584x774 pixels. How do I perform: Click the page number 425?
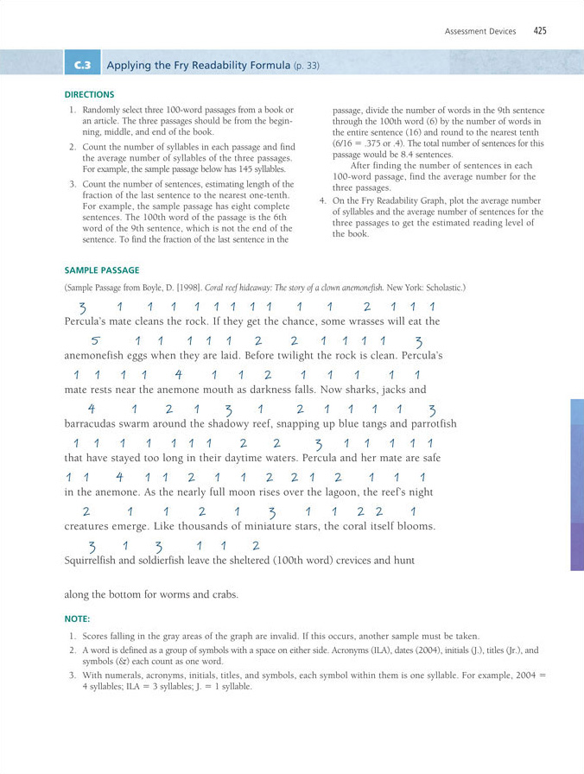pos(540,31)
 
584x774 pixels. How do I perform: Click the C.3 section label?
pos(84,65)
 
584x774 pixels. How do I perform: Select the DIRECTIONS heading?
pos(90,94)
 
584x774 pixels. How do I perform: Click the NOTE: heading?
pos(77,619)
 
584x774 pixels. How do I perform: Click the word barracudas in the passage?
pos(92,424)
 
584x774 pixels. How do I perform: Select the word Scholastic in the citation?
pos(445,287)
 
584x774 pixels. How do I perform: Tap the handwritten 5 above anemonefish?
pos(96,340)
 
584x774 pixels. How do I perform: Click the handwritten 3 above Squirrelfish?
pos(93,545)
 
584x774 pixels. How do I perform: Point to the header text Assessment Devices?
pos(480,32)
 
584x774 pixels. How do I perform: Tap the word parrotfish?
pos(426,424)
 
